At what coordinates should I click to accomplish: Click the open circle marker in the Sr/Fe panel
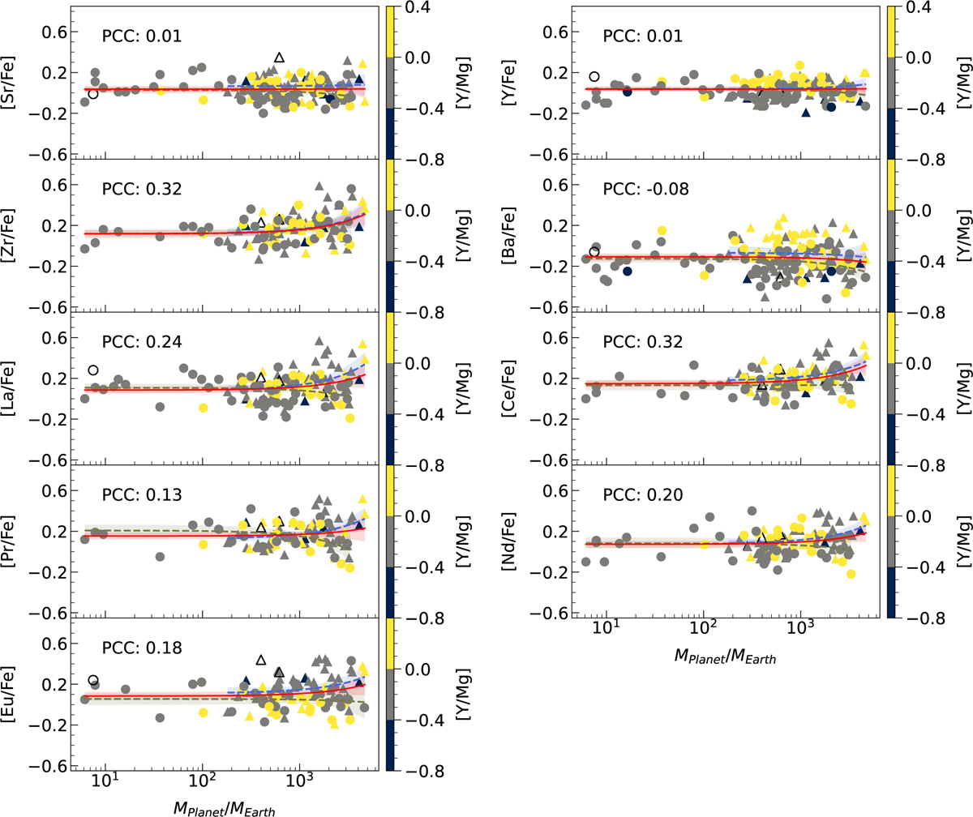[93, 94]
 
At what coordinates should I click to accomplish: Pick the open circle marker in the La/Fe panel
[93, 370]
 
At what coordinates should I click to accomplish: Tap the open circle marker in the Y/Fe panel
[594, 76]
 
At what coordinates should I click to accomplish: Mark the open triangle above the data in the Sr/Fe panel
[279, 58]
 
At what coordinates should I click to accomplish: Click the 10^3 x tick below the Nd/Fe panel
[801, 632]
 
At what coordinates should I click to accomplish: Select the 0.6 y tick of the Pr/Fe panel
[50, 490]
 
